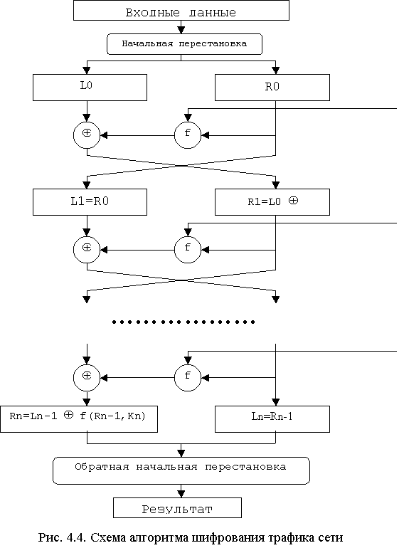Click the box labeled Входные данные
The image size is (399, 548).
[x=181, y=10]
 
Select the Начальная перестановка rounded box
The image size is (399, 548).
[x=184, y=44]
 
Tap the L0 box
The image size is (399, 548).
[x=90, y=88]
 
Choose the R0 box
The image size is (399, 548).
[x=272, y=88]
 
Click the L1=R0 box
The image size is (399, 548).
[x=90, y=202]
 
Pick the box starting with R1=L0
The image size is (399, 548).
[x=272, y=202]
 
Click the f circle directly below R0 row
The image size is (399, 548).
[x=188, y=135]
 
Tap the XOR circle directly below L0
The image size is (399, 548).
[x=87, y=135]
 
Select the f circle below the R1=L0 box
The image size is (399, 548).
[x=188, y=250]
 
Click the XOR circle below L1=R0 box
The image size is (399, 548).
[x=87, y=250]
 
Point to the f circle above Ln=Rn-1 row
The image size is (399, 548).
[x=188, y=377]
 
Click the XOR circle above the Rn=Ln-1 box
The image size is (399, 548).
[x=87, y=377]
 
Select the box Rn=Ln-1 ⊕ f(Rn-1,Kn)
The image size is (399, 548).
[x=79, y=419]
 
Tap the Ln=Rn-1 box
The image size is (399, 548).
[x=272, y=419]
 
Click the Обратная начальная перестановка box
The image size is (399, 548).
[x=181, y=470]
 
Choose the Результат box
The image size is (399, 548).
[x=177, y=508]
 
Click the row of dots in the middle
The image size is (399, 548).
[x=183, y=322]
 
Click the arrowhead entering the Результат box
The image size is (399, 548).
[x=181, y=494]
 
